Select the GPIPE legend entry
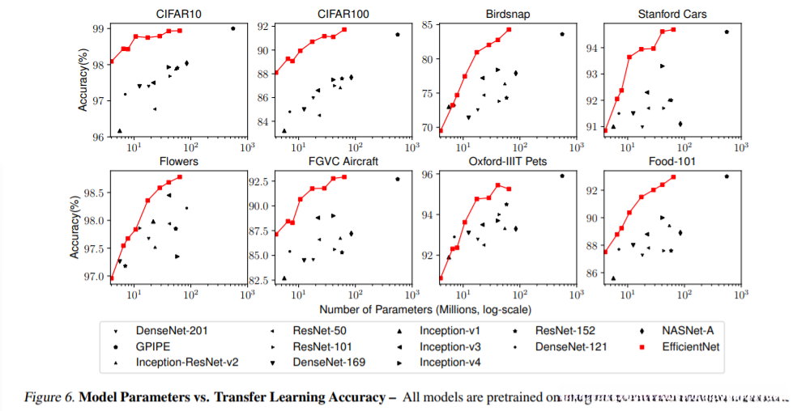click(x=155, y=346)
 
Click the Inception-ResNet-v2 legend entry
click(x=185, y=362)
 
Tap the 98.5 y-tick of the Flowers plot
click(x=95, y=193)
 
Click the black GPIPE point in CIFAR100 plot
click(x=398, y=35)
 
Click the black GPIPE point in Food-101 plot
click(x=727, y=176)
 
